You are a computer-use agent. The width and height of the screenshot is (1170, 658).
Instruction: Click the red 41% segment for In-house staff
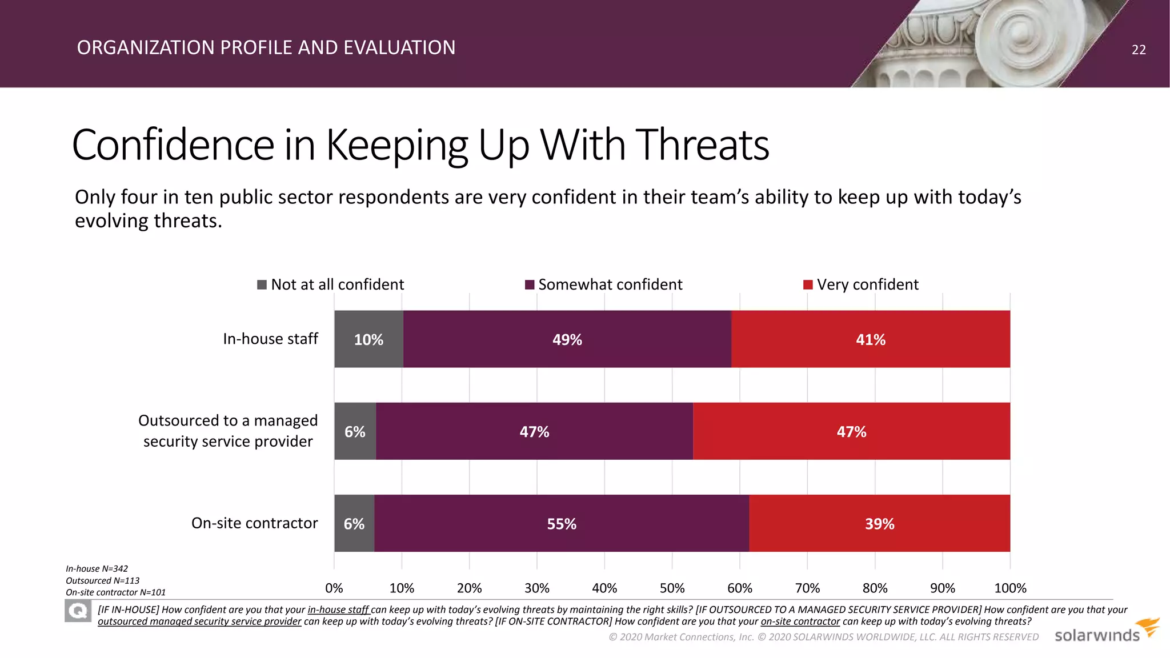(871, 339)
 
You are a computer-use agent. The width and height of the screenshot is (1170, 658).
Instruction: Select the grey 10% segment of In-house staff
(368, 339)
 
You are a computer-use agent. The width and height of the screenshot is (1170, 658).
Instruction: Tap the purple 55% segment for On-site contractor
(562, 523)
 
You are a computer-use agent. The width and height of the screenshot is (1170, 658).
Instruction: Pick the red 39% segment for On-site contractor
(879, 523)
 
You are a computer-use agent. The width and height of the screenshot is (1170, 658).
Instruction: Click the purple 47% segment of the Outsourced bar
(534, 431)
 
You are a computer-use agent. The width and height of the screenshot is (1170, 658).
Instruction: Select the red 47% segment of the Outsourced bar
(851, 431)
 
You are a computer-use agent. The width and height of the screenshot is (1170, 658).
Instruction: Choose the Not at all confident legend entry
(331, 284)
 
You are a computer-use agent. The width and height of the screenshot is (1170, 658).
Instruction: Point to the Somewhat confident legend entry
(603, 284)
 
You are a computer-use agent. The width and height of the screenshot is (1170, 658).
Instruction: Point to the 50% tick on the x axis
(672, 588)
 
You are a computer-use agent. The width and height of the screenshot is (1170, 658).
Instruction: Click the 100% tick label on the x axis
(1009, 588)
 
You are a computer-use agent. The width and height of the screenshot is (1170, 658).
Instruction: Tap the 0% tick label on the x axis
(334, 588)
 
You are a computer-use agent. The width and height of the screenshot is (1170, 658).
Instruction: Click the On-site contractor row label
(254, 523)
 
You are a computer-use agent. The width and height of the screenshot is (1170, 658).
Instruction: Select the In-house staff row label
(270, 339)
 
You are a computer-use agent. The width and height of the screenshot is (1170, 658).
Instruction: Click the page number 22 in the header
(1139, 50)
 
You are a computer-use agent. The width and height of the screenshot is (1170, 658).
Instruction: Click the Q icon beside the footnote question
(78, 611)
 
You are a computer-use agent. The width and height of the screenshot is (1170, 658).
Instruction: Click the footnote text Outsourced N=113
(102, 580)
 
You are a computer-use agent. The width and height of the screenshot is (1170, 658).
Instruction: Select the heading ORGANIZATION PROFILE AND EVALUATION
(266, 47)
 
